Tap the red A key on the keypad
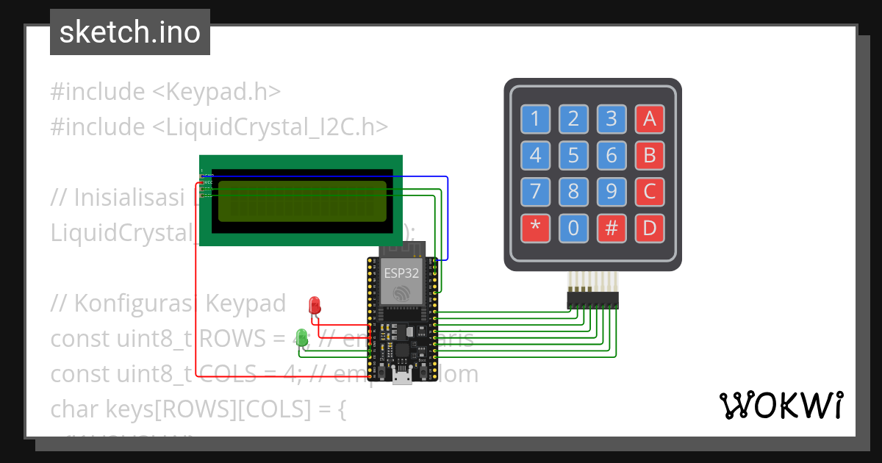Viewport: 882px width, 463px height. tap(649, 118)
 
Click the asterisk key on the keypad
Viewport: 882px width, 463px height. tap(535, 228)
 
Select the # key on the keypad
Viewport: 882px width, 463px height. tap(611, 228)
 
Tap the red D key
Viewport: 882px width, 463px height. tap(649, 228)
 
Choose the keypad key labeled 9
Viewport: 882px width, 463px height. tap(611, 192)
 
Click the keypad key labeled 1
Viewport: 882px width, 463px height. tap(535, 118)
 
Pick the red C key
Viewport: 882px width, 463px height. tap(649, 192)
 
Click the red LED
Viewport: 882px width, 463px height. tap(315, 305)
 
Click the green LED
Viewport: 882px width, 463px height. tap(301, 337)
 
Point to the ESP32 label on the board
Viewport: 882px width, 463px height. tap(401, 273)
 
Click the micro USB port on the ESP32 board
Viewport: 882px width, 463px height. tap(401, 378)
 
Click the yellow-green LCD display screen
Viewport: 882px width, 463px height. tap(302, 201)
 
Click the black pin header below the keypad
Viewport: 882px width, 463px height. tap(592, 300)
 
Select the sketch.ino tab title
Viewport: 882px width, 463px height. tap(130, 32)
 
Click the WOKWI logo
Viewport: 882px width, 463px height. tap(781, 405)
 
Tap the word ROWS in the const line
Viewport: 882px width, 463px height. tap(227, 339)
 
